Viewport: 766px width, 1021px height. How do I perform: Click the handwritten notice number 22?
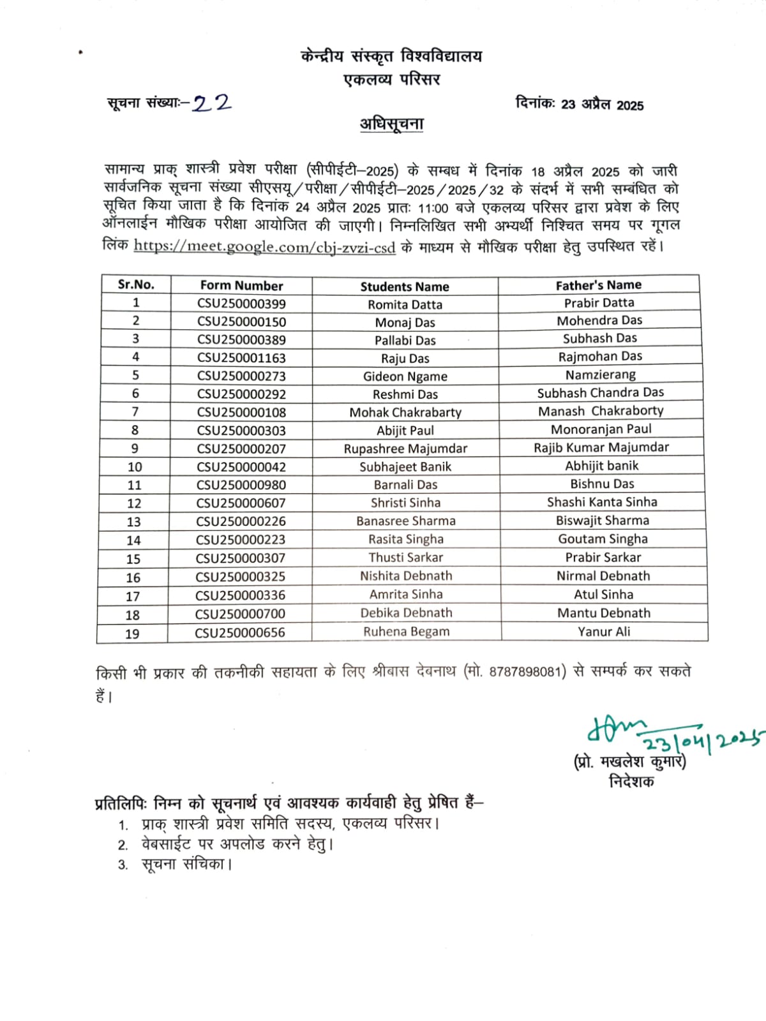click(212, 103)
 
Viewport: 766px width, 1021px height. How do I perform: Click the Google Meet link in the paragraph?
click(264, 247)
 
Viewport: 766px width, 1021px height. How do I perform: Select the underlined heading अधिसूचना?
click(391, 124)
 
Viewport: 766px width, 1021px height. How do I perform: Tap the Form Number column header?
click(241, 286)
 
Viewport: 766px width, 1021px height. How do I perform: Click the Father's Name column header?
click(598, 285)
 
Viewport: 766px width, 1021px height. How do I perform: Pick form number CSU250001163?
click(241, 358)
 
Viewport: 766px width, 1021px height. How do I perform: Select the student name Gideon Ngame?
click(405, 376)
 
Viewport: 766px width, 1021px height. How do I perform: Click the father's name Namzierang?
click(600, 375)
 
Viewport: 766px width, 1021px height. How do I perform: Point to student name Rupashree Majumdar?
click(405, 449)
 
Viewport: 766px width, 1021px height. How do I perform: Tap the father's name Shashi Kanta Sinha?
click(602, 502)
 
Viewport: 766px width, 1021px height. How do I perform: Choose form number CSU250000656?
click(240, 633)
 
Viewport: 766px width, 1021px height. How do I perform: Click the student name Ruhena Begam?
click(407, 632)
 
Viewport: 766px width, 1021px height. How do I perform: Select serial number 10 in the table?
click(135, 467)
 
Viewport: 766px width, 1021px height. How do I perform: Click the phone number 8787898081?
click(525, 672)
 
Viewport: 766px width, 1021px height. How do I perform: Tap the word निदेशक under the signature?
click(631, 782)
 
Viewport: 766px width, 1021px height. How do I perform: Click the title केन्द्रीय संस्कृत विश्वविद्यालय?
click(391, 57)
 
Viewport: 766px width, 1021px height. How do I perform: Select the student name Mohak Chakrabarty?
click(405, 412)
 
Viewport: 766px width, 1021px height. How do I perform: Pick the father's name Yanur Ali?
click(604, 632)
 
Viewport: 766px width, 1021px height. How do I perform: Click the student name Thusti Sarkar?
click(406, 558)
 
